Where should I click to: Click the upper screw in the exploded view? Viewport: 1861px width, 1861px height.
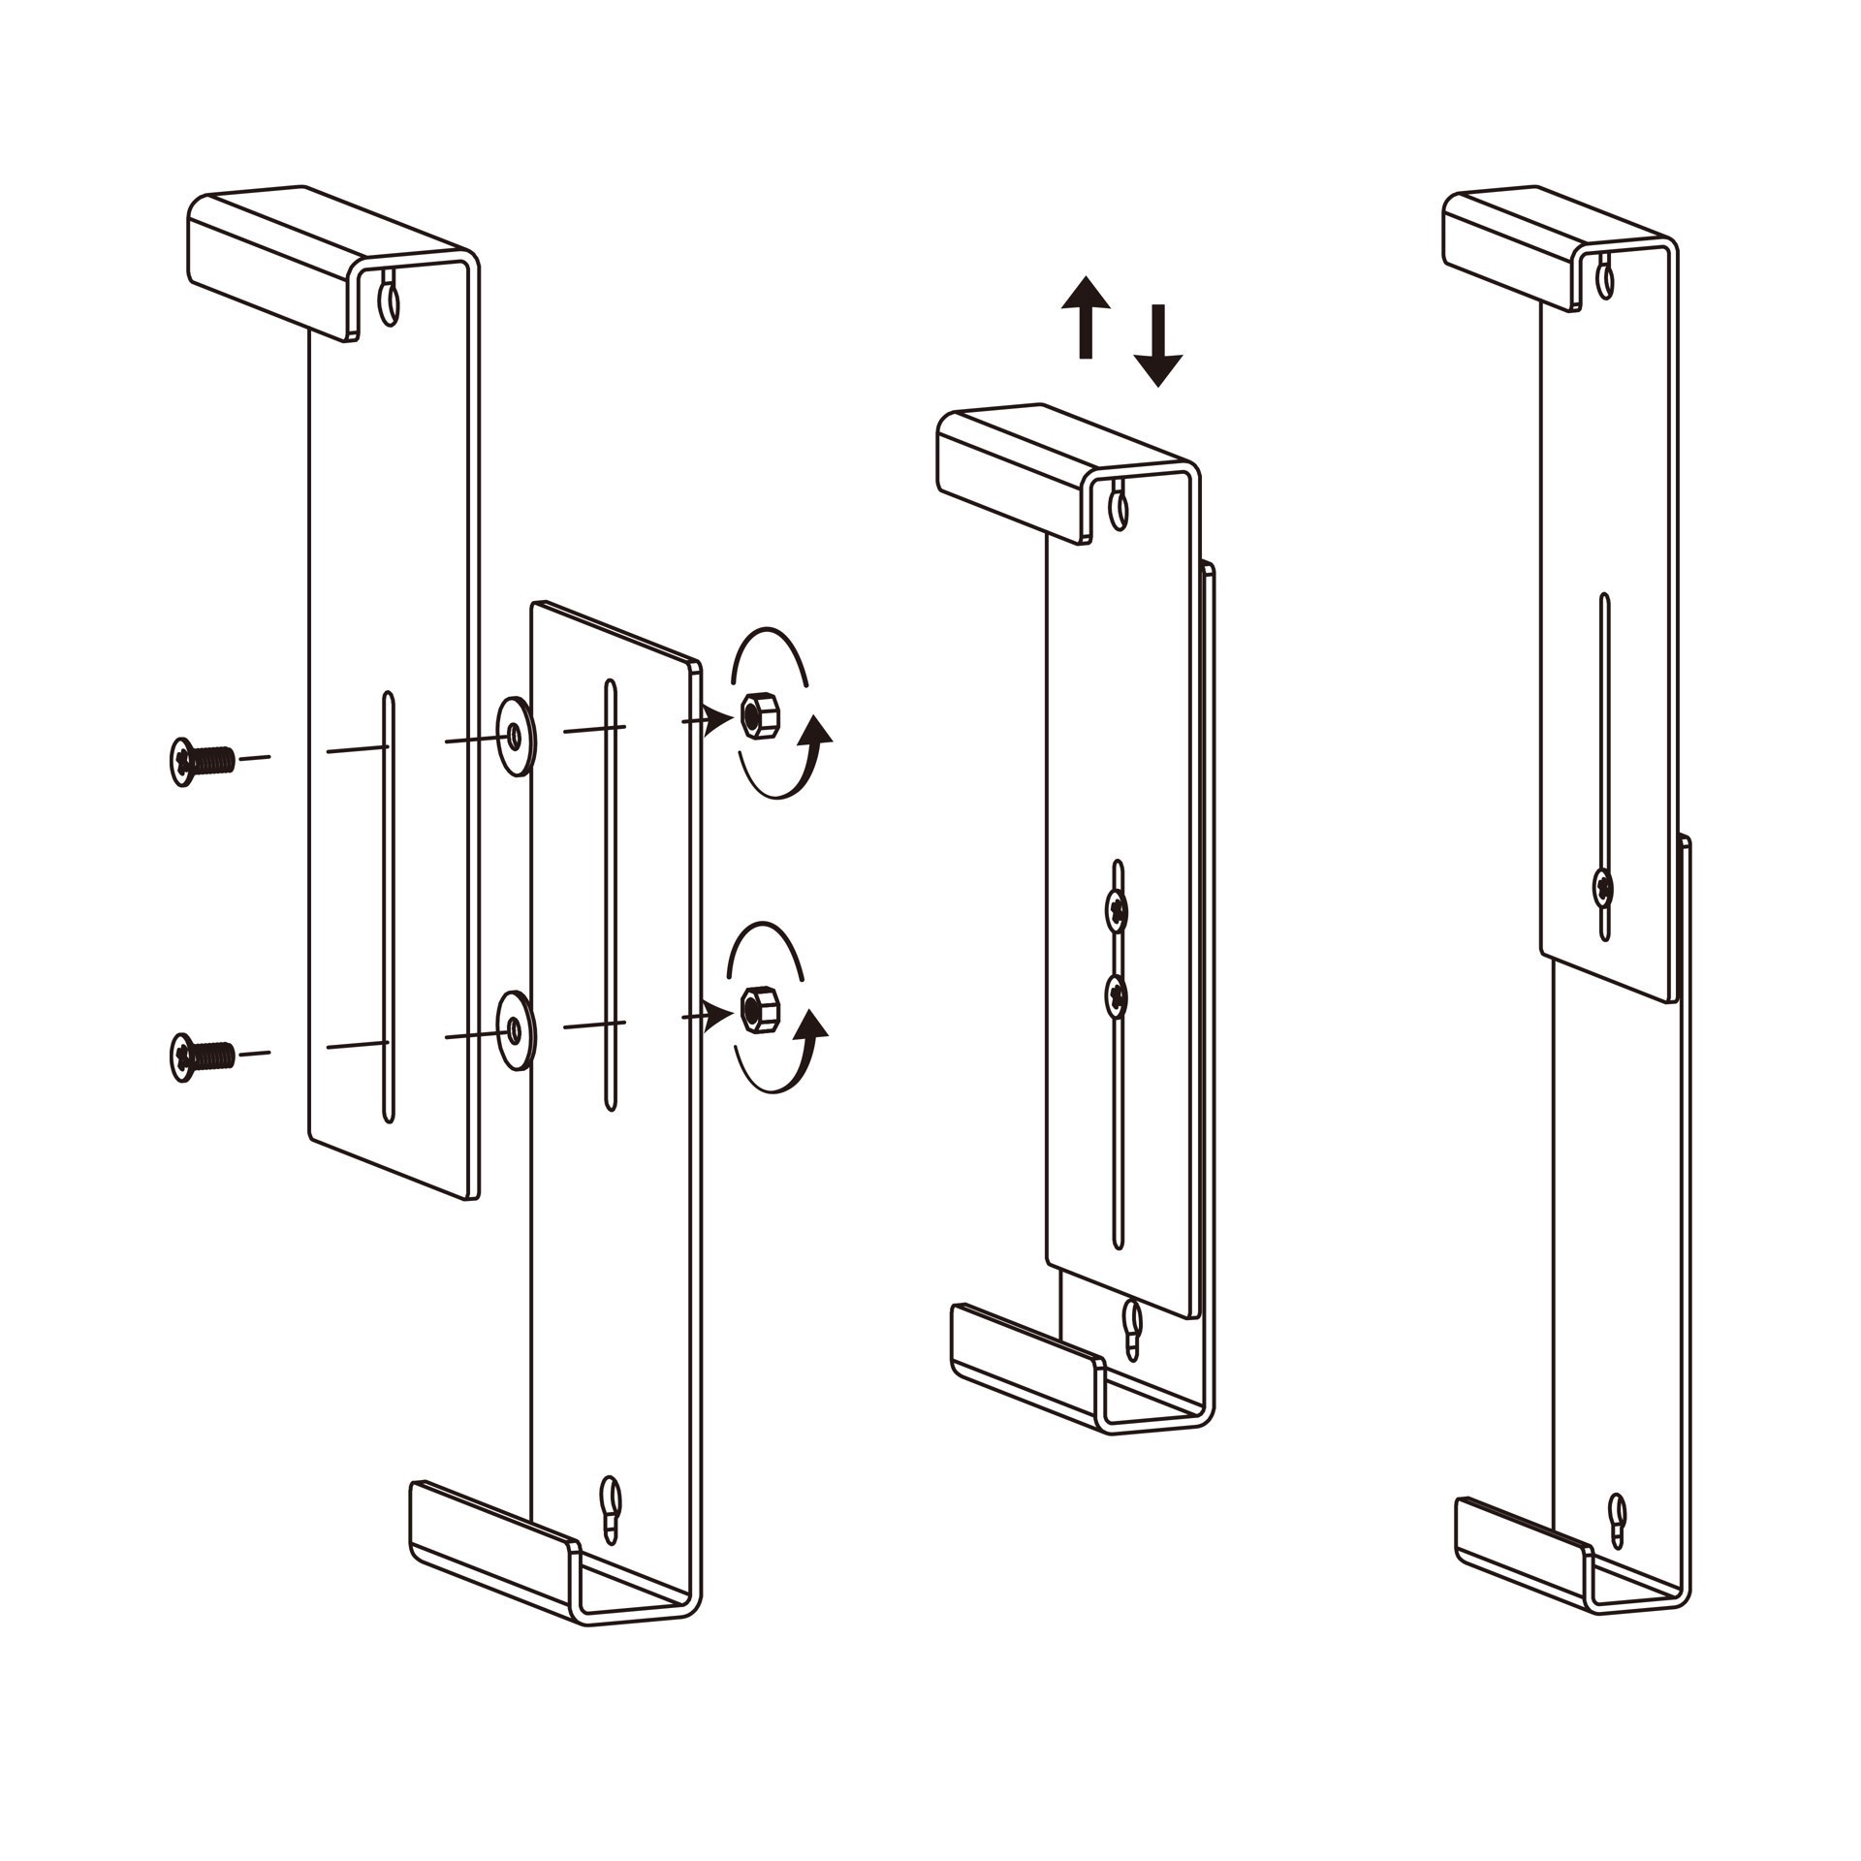[201, 761]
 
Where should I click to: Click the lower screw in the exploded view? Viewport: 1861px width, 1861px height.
[201, 1057]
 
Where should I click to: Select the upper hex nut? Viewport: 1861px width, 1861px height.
[757, 716]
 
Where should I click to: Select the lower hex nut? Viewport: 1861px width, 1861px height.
[757, 1010]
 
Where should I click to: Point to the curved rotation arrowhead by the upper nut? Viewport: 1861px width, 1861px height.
[819, 728]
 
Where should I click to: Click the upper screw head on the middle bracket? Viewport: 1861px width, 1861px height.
[1118, 908]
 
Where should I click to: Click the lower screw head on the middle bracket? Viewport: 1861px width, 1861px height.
[1118, 995]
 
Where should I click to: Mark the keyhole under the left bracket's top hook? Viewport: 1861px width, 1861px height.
[389, 303]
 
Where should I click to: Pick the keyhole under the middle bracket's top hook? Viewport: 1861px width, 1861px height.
[1120, 508]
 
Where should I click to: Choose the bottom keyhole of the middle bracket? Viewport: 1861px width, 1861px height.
[1132, 1325]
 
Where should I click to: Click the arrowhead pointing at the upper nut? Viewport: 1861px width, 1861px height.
[719, 719]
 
